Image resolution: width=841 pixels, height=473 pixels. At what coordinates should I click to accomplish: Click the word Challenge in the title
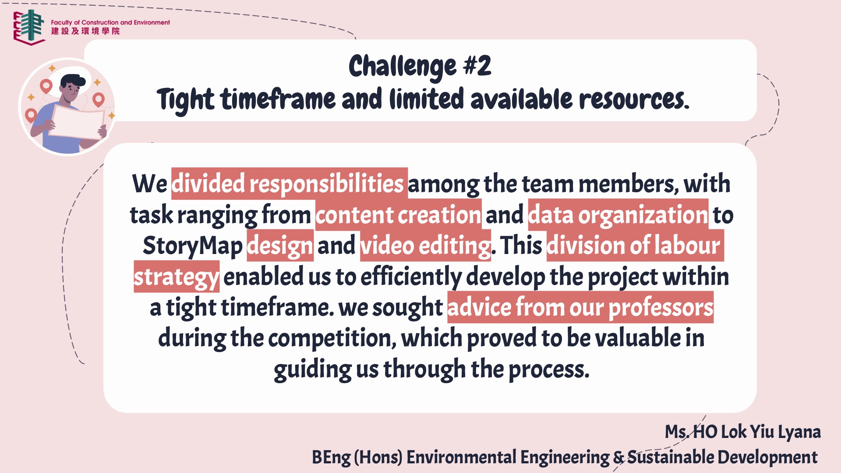[x=402, y=67]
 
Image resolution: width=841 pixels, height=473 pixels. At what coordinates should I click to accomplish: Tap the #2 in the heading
[x=477, y=66]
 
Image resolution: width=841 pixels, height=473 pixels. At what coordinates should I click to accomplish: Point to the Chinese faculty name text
[x=85, y=31]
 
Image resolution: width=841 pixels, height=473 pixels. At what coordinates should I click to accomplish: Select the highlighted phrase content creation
[x=398, y=215]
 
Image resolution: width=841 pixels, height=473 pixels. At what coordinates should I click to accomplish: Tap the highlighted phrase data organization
[x=618, y=215]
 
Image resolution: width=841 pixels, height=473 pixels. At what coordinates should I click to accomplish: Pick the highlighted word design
[x=280, y=246]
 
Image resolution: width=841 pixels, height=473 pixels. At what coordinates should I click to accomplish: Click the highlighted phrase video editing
[x=425, y=245]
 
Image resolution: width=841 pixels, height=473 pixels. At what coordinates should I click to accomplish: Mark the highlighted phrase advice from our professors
[x=580, y=307]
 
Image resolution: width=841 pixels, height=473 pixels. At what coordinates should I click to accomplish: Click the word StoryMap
[x=192, y=246]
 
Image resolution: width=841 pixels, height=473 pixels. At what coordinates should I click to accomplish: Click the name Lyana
[x=799, y=432]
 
